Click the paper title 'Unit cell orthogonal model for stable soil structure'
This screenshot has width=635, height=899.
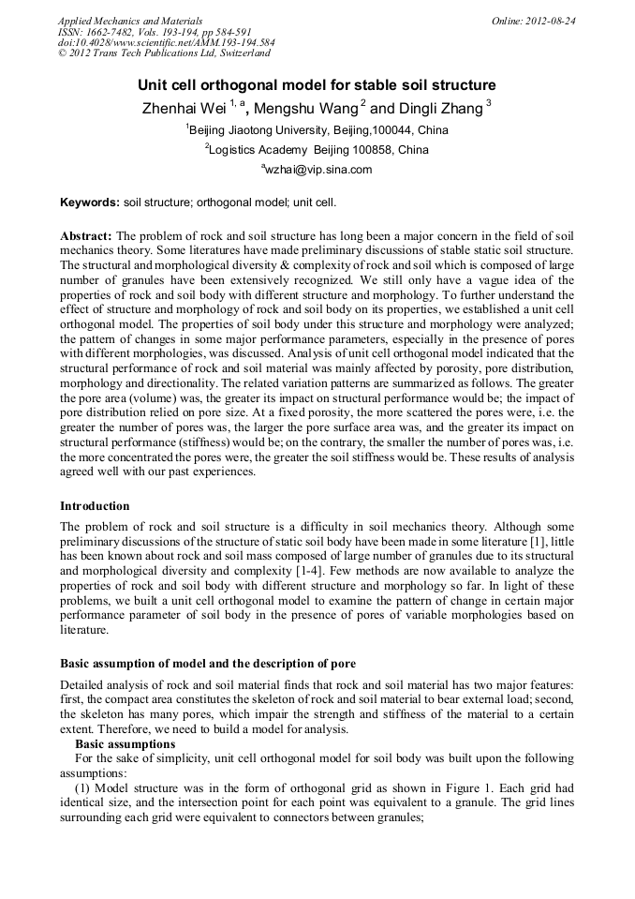[317, 84]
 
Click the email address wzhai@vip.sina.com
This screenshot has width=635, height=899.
[317, 170]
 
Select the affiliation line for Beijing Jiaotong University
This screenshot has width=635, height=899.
[317, 129]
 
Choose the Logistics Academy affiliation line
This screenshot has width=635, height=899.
[317, 149]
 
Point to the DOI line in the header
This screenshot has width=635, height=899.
[166, 42]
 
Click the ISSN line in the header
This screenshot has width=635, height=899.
[149, 32]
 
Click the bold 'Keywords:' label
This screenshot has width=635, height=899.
[90, 202]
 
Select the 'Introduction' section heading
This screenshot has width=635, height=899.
[95, 505]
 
